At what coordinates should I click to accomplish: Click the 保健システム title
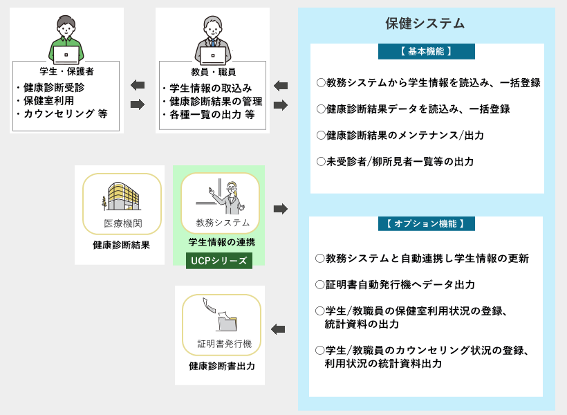click(x=425, y=24)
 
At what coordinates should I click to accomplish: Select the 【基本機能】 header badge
click(x=427, y=51)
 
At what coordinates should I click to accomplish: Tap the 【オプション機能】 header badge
click(x=427, y=223)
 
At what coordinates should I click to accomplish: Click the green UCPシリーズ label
click(x=219, y=261)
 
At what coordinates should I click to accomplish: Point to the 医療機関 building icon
click(x=121, y=196)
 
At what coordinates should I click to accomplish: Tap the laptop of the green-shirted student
click(x=66, y=55)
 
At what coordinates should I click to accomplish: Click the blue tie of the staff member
click(x=213, y=43)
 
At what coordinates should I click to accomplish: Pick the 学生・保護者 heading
click(x=66, y=71)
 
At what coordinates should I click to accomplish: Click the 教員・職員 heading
click(x=214, y=72)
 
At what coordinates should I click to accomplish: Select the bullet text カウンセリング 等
click(x=66, y=113)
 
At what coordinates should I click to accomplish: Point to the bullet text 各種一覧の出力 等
click(x=212, y=115)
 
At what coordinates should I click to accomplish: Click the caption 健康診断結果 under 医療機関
click(x=121, y=245)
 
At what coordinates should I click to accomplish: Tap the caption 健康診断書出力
click(x=222, y=366)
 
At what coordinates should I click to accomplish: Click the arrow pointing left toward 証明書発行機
click(x=278, y=329)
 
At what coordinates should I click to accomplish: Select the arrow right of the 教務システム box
click(x=281, y=209)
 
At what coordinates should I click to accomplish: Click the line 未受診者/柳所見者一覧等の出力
click(x=395, y=161)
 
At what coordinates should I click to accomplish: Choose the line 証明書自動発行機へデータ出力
click(x=395, y=285)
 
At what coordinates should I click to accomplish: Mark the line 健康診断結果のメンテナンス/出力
click(x=400, y=136)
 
